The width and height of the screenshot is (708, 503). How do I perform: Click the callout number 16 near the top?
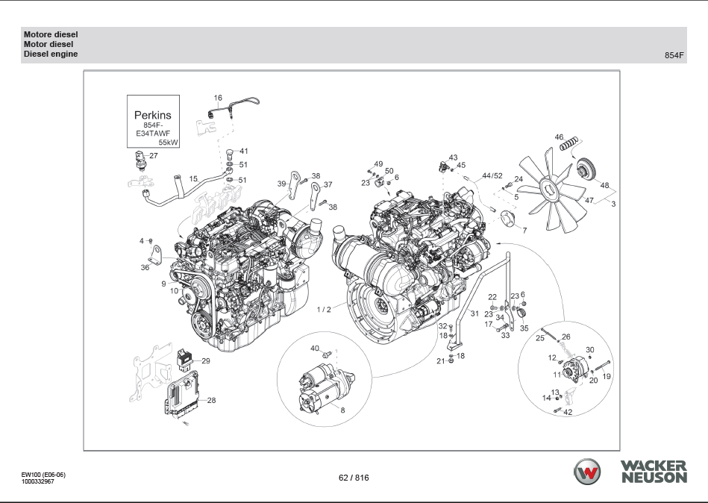218,98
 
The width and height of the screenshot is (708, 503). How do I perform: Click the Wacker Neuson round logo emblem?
589,472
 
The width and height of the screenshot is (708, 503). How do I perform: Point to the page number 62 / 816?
354,478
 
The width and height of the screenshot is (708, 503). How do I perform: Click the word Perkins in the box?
152,115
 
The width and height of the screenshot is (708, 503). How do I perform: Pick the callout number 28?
211,401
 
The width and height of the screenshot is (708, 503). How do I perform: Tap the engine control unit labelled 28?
182,394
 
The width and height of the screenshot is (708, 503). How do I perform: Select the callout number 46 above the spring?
559,137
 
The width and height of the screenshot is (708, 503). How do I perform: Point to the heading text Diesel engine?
51,54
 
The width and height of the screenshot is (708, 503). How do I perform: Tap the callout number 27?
154,156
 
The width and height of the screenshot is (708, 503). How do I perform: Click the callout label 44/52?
492,176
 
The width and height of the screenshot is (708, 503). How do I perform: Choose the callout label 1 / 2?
324,309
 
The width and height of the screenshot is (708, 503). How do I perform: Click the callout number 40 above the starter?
315,349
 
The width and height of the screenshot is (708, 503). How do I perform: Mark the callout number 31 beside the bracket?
474,313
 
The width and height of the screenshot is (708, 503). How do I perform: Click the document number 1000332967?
37,481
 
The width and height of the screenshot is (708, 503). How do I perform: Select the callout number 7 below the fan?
524,231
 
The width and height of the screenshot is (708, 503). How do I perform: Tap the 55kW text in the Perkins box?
169,141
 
